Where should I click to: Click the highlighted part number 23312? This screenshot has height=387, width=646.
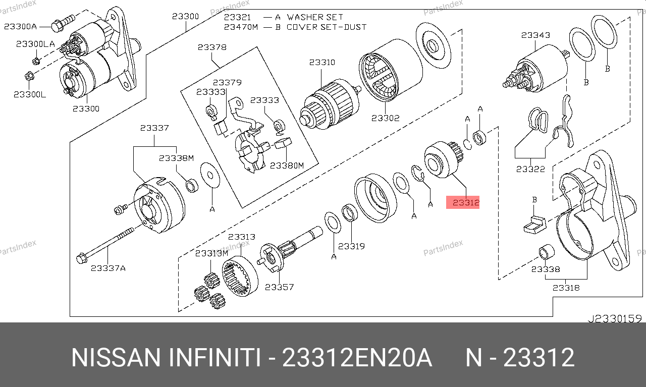click(x=463, y=202)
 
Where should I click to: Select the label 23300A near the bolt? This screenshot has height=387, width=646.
click(x=21, y=26)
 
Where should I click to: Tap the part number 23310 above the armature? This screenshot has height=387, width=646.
click(x=322, y=63)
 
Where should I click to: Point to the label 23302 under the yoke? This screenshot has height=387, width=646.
click(x=385, y=118)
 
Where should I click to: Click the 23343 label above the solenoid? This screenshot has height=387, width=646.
click(x=535, y=35)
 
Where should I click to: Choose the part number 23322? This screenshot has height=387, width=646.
click(x=530, y=169)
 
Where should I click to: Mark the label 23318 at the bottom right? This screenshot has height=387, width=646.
click(x=566, y=288)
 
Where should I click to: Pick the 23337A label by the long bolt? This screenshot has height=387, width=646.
click(x=108, y=268)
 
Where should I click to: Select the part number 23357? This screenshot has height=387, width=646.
click(x=279, y=287)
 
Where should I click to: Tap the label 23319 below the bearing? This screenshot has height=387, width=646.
click(x=351, y=246)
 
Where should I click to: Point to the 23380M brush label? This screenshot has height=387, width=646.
click(x=287, y=165)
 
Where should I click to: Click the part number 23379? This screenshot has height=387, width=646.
click(x=227, y=83)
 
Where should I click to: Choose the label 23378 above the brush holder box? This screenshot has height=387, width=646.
click(x=212, y=47)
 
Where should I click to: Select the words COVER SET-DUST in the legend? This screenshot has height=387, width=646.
click(x=327, y=27)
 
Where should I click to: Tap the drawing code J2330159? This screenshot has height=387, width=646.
click(x=614, y=318)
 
